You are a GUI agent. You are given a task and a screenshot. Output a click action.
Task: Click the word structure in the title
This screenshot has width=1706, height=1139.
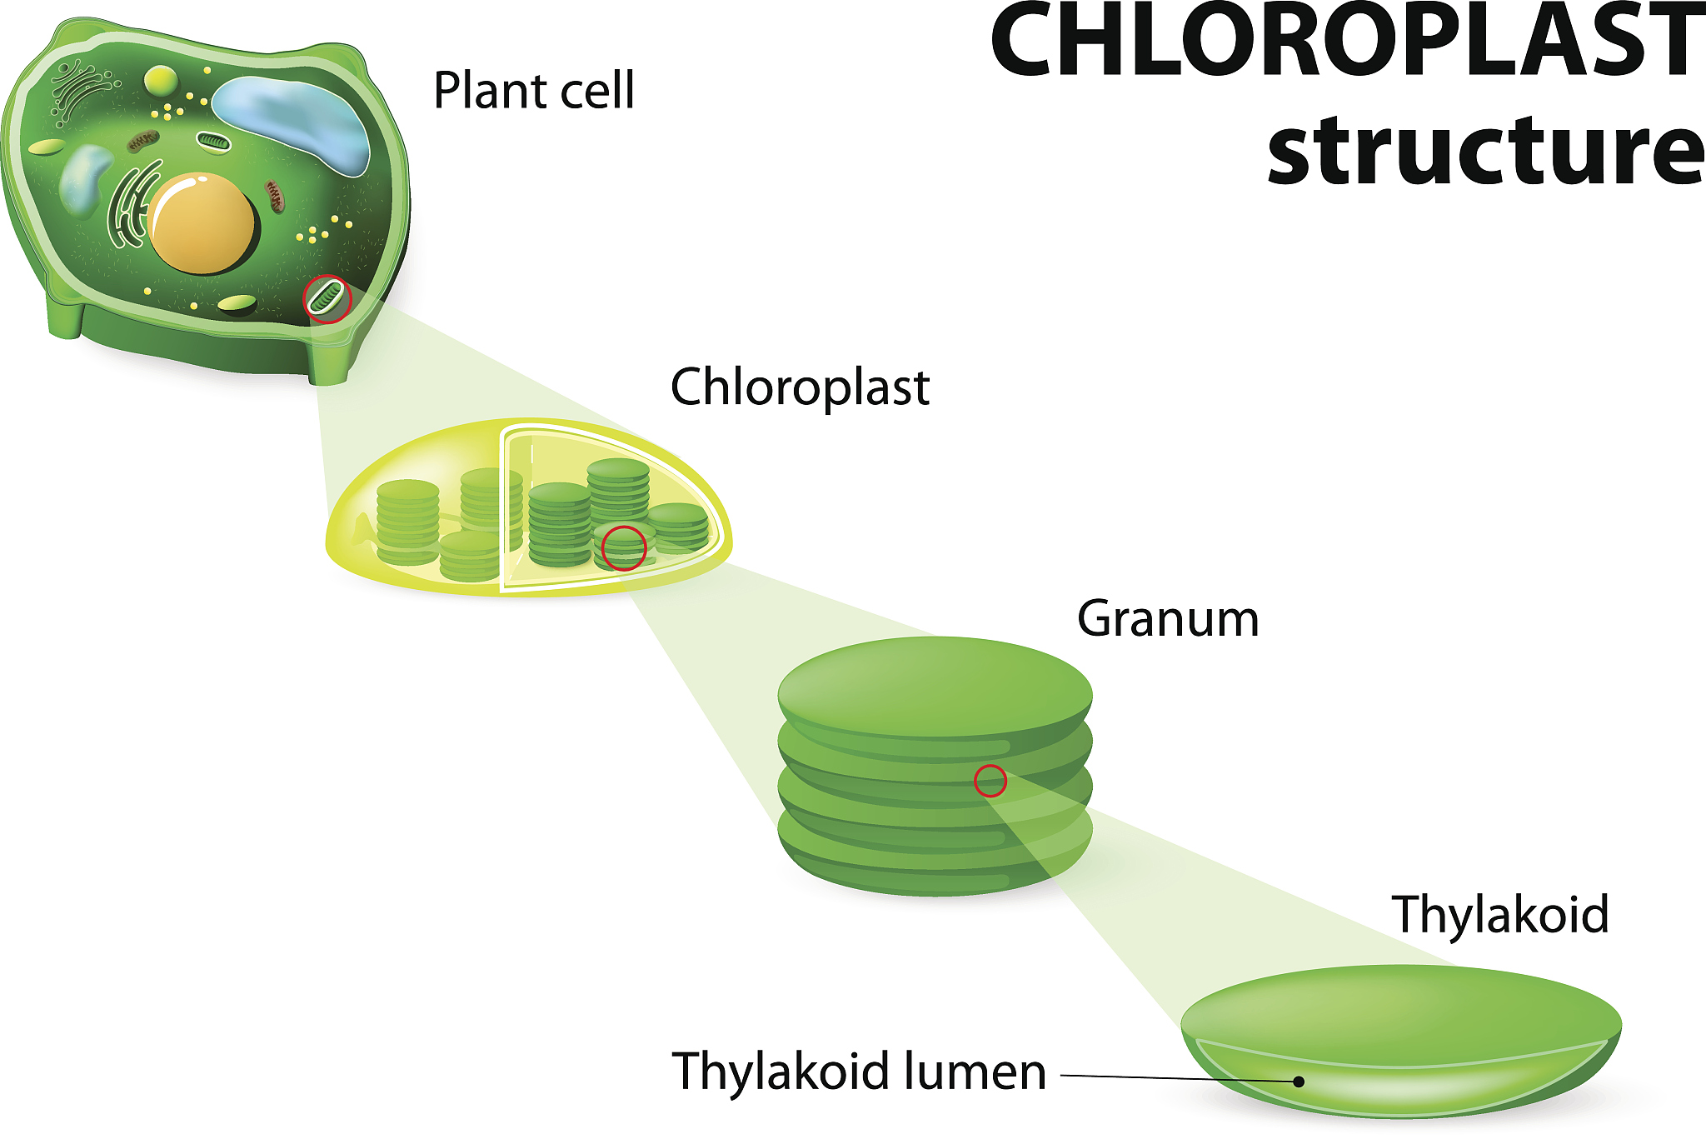tap(1486, 150)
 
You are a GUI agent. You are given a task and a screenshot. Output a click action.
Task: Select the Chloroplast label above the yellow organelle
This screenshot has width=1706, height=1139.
tap(800, 387)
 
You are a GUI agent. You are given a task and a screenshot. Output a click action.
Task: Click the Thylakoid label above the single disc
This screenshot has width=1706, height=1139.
tap(1500, 914)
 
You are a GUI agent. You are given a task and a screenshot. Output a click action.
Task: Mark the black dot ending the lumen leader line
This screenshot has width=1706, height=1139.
tap(1298, 1082)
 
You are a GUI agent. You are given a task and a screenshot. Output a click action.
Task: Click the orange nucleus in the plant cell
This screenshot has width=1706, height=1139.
tap(202, 223)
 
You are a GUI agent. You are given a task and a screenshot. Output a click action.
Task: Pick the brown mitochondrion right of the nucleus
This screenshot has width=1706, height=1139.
tap(275, 196)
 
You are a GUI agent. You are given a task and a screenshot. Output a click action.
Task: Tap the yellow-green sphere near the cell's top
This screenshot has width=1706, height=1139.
tap(161, 81)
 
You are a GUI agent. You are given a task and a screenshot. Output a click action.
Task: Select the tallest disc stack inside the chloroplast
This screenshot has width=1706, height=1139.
tap(618, 492)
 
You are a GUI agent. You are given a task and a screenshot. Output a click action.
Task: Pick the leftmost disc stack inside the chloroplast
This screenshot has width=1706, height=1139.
tap(407, 522)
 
